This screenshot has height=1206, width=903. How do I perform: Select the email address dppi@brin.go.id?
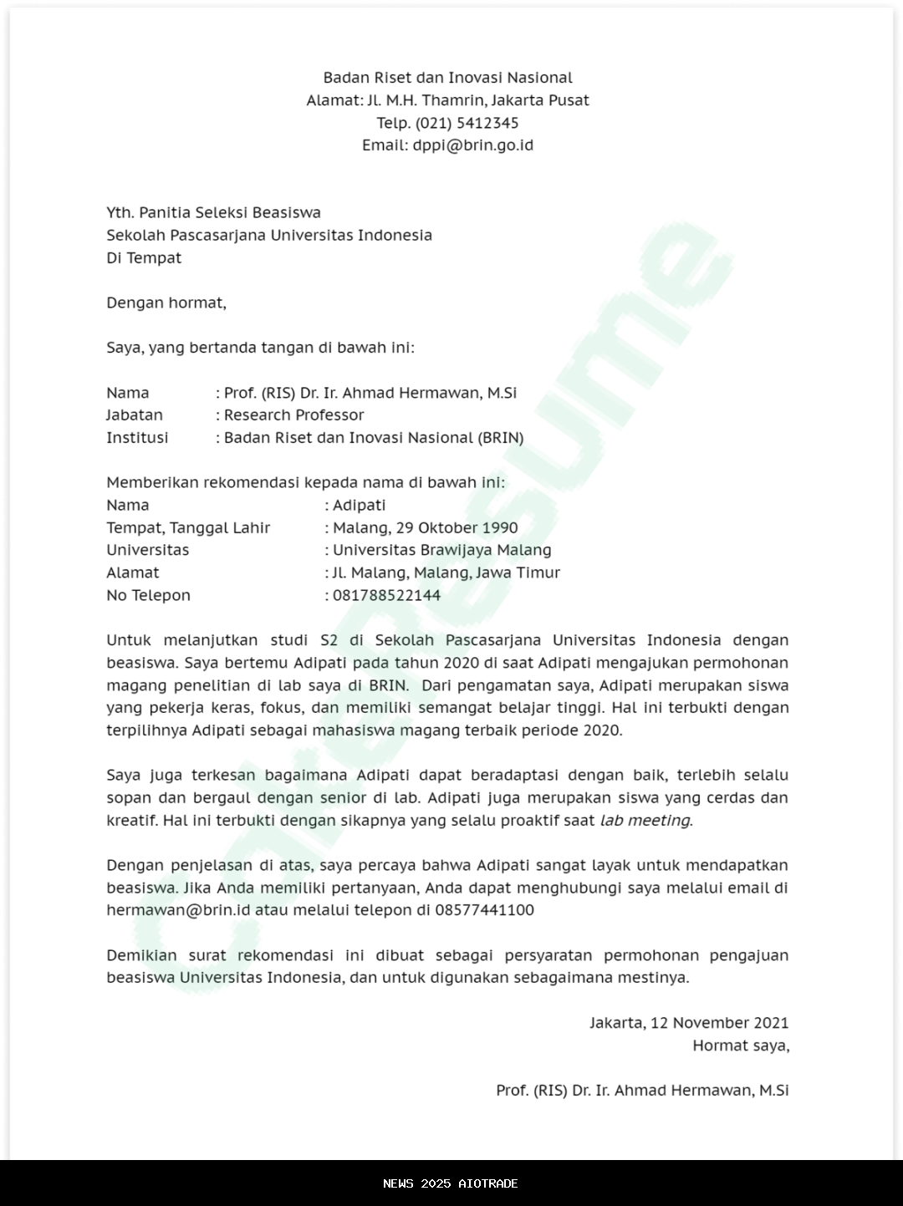tap(472, 145)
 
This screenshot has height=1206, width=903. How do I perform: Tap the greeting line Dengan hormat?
tap(166, 303)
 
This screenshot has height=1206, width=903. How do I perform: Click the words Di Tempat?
tap(144, 257)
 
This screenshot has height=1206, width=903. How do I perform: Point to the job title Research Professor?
tap(294, 415)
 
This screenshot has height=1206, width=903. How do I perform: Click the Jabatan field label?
tap(135, 415)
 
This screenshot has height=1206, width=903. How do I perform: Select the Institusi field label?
tap(137, 438)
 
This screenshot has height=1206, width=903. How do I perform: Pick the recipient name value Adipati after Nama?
tap(360, 506)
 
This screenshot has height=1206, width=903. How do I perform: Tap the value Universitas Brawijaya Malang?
tap(442, 551)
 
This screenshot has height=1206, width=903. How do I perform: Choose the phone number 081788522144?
tap(386, 596)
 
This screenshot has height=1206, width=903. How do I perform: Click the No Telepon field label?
tap(148, 596)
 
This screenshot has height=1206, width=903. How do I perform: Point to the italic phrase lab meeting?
tap(645, 821)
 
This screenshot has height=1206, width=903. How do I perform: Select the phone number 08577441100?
tap(484, 910)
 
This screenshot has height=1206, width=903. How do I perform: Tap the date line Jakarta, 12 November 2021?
tap(689, 1023)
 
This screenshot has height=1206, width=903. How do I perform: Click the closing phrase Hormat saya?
tap(740, 1046)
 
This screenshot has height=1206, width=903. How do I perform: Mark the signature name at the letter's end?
tap(642, 1091)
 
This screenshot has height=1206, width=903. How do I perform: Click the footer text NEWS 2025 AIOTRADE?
tap(451, 1183)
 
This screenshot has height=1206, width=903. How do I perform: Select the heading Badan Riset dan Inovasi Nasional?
tap(448, 78)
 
